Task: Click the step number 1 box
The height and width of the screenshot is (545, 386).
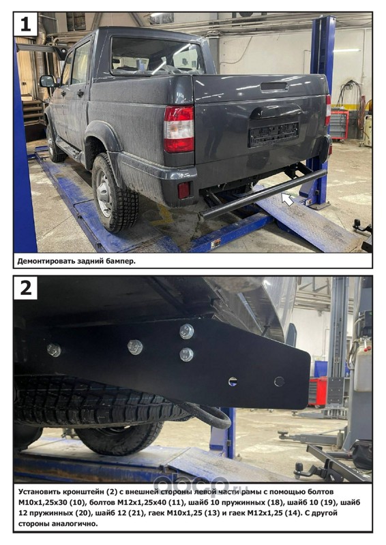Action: tap(25, 25)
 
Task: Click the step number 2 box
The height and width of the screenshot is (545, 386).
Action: tap(25, 287)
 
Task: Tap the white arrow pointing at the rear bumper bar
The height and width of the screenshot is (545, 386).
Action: tap(287, 199)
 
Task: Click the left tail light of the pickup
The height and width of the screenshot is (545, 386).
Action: tap(179, 129)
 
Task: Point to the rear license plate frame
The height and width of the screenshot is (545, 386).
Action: tap(273, 134)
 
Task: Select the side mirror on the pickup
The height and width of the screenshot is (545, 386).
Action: tap(48, 81)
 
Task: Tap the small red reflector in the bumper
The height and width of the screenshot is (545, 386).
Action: tap(183, 190)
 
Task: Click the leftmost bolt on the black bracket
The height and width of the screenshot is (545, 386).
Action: tap(54, 349)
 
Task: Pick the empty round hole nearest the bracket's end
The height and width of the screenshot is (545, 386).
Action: tap(279, 381)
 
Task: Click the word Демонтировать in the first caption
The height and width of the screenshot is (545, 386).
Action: tap(42, 262)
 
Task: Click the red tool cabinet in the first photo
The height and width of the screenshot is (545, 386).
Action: tap(340, 124)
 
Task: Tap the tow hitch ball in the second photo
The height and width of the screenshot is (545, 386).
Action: tap(299, 466)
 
